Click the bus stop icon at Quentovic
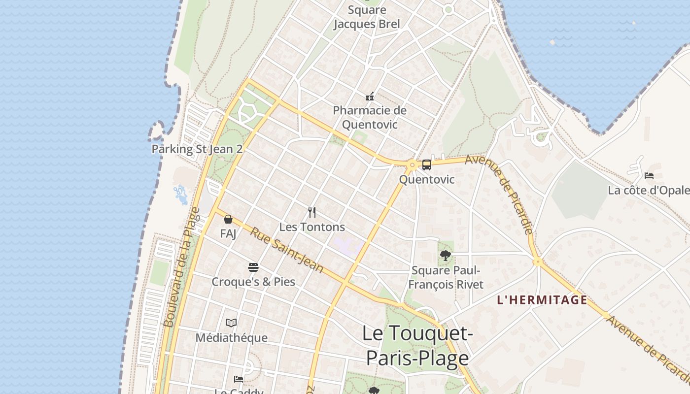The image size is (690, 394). point(427,165)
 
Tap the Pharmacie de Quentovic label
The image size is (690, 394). point(370,117)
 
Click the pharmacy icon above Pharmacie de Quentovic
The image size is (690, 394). point(370,96)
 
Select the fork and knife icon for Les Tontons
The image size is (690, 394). point(312,212)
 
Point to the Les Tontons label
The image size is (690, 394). point(312,227)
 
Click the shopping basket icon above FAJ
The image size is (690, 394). point(228,219)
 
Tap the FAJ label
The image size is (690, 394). point(228,233)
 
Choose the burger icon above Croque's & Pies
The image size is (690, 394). point(253,267)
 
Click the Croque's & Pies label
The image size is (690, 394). point(253,282)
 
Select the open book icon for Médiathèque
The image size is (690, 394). point(231,323)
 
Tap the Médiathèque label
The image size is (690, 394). point(231,338)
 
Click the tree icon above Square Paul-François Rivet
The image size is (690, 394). point(446,256)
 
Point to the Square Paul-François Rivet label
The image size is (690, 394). point(446,277)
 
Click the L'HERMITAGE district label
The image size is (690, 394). point(542,300)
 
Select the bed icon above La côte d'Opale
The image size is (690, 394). point(649,175)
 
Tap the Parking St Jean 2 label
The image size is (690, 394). point(197,149)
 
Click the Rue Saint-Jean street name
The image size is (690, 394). point(286,250)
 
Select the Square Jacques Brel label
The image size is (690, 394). point(367,17)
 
